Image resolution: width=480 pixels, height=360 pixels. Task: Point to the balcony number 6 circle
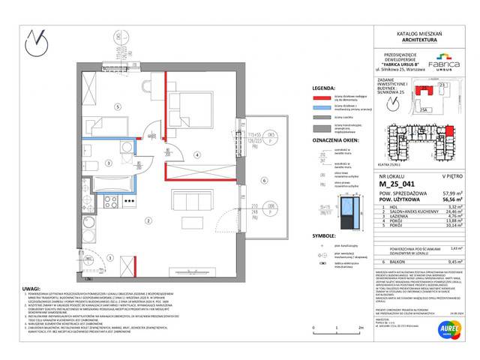pyautogui.click(x=264, y=180)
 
